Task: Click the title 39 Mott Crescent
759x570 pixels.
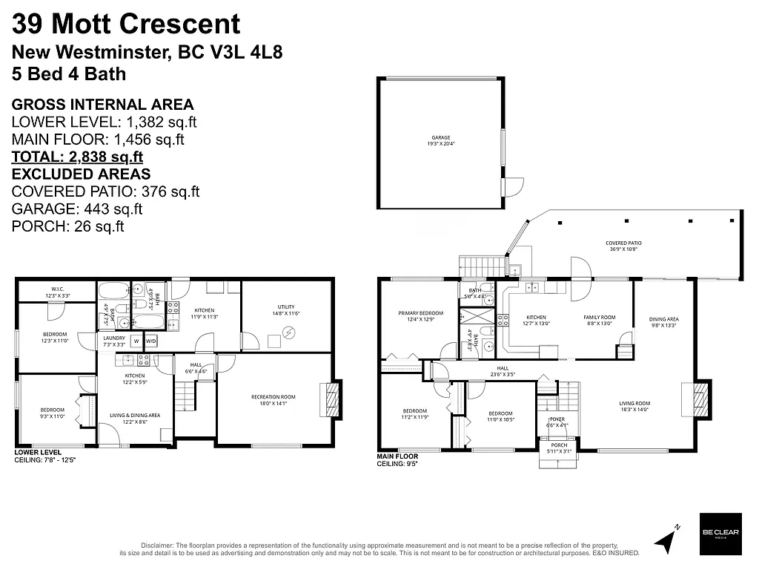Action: pos(127,24)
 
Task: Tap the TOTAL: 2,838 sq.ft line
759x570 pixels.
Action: pos(77,157)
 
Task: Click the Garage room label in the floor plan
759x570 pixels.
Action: pos(441,140)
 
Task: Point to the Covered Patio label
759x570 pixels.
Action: pos(623,246)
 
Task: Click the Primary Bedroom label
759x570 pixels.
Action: pos(420,316)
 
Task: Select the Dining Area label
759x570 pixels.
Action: pos(664,322)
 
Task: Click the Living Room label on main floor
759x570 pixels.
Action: pos(634,407)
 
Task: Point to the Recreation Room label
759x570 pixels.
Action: pos(273,399)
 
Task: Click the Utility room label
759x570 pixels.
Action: pos(286,309)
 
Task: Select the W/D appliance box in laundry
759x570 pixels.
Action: pos(150,341)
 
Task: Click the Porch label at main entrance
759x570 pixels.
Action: pos(558,448)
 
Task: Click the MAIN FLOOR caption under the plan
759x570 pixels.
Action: pos(397,456)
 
